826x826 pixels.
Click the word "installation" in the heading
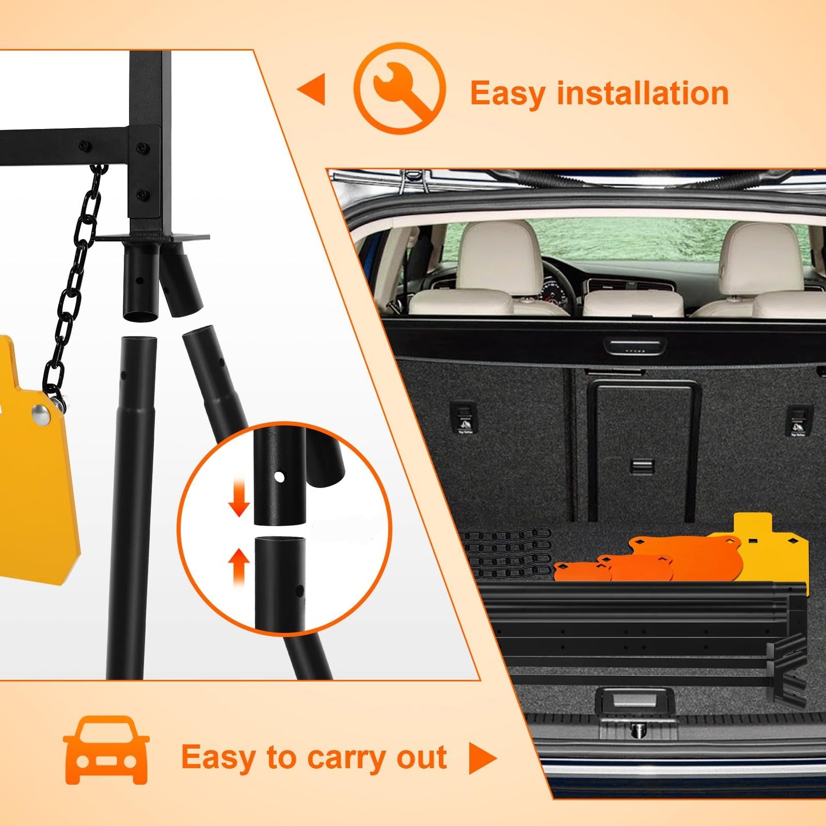643,93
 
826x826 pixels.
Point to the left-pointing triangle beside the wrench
312,89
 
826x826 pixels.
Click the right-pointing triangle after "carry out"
482,759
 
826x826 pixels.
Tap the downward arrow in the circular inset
239,498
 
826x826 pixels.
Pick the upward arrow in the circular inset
239,568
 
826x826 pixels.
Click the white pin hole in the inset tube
280,476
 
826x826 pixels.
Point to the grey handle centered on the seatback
642,466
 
